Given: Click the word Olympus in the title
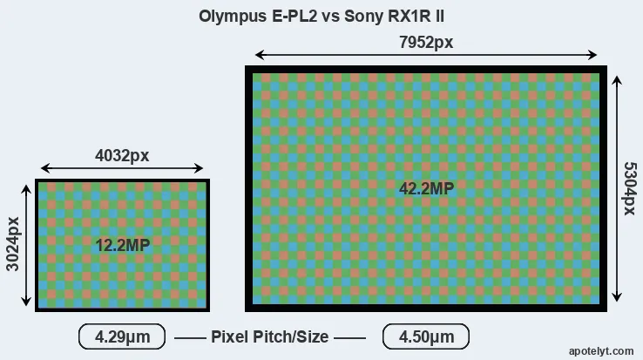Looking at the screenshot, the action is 233,17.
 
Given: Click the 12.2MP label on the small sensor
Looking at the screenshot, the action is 123,246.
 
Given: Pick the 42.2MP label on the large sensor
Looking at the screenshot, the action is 426,189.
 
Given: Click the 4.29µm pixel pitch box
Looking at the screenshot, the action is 122,336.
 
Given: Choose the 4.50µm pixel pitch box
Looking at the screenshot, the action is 426,336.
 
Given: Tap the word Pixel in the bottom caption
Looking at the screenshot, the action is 231,336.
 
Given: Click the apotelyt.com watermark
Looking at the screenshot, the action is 601,351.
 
